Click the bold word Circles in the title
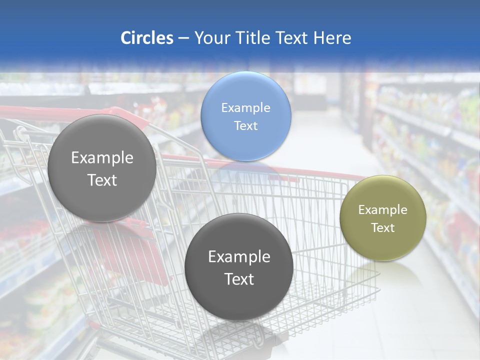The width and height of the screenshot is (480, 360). click(x=147, y=38)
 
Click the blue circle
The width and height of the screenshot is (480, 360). click(x=245, y=116)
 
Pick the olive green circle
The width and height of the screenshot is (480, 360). click(x=383, y=218)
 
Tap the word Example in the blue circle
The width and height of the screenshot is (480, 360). click(x=245, y=107)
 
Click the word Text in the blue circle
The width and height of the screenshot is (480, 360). click(x=245, y=125)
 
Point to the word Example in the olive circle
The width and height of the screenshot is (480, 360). click(x=383, y=209)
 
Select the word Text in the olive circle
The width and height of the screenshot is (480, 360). click(x=383, y=227)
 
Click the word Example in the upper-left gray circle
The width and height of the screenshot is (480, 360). click(x=102, y=157)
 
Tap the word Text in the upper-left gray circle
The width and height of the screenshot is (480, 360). click(x=102, y=180)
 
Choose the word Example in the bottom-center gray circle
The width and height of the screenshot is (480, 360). click(x=239, y=256)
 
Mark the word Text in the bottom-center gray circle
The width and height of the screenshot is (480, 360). click(x=239, y=279)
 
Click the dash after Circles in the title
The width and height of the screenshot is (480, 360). click(x=183, y=38)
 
